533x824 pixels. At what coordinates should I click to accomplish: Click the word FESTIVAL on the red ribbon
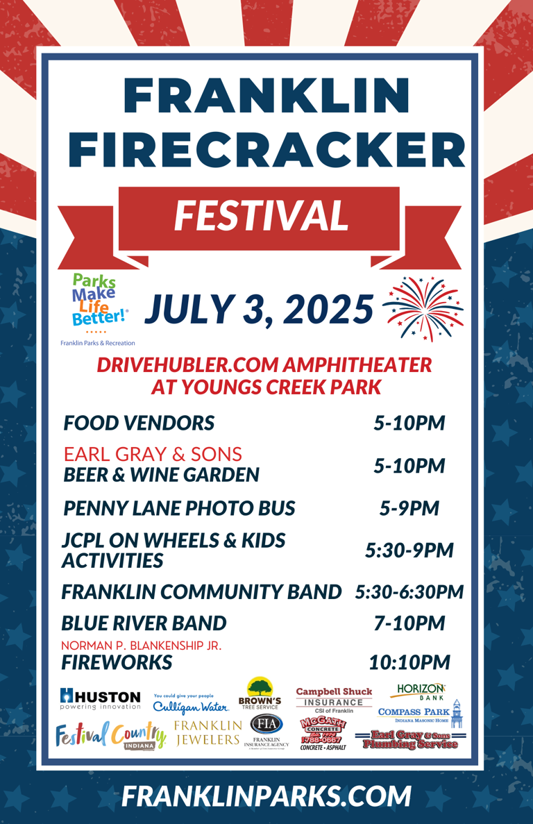click(x=261, y=215)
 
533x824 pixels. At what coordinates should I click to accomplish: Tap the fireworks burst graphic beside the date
click(x=423, y=308)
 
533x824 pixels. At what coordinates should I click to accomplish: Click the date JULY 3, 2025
click(x=259, y=309)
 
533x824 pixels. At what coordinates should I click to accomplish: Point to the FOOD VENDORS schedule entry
click(x=139, y=423)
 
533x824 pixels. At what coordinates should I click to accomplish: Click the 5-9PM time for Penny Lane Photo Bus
click(x=409, y=508)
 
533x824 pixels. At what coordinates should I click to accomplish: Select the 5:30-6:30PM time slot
click(x=409, y=592)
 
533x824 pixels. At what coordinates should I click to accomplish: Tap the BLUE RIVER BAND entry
click(x=144, y=623)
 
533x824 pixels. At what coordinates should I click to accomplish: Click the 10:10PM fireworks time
click(x=409, y=662)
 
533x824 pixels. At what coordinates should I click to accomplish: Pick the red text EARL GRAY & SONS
click(x=153, y=455)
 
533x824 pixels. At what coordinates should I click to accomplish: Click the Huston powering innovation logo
click(x=100, y=699)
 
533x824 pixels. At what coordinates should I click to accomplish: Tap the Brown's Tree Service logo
click(x=260, y=694)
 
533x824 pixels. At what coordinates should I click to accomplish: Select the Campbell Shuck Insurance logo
click(x=334, y=700)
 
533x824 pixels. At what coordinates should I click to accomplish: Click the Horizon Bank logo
click(x=421, y=691)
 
